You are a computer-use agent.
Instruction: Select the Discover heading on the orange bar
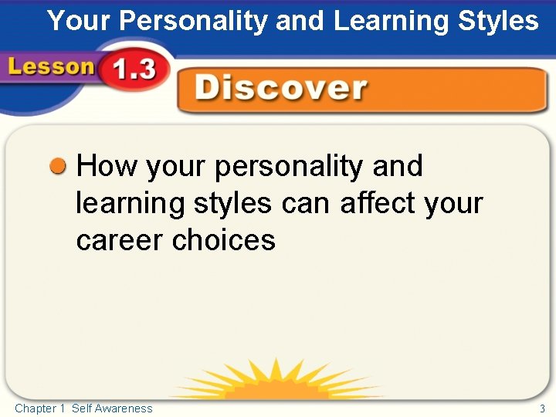[x=280, y=89]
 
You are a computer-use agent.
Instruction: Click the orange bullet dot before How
[x=58, y=166]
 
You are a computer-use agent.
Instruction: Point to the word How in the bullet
[x=107, y=166]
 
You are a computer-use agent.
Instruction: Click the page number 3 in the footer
[x=542, y=409]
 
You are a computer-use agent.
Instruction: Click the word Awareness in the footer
[x=124, y=409]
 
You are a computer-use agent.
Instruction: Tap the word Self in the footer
[x=81, y=409]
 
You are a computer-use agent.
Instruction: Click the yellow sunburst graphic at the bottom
[x=278, y=382]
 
